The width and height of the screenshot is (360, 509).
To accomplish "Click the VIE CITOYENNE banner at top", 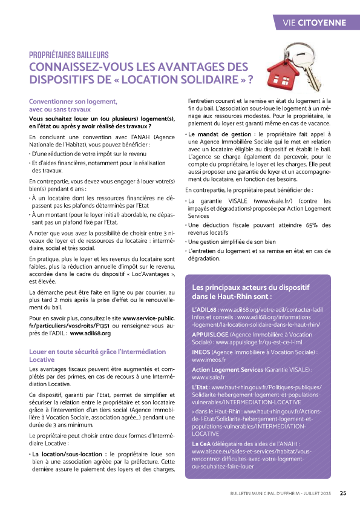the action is coord(315,23).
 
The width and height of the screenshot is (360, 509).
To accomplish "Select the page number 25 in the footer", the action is coord(343,493).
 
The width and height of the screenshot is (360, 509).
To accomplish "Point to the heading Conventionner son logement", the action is coord(72,101).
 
